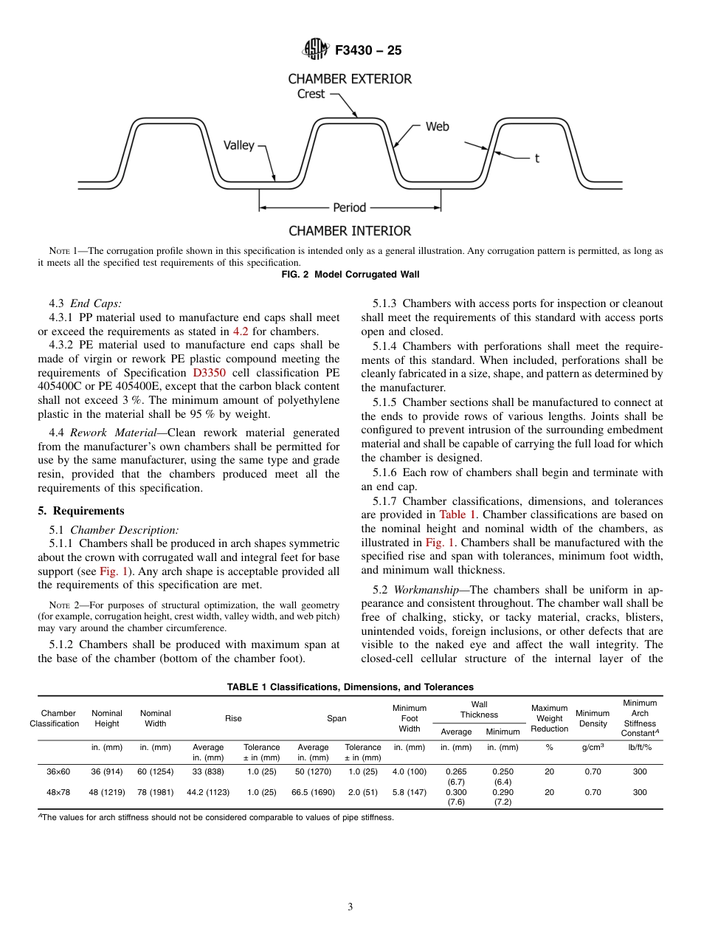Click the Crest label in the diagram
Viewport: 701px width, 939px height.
311,94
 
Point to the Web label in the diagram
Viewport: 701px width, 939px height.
437,127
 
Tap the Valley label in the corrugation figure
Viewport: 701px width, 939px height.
238,145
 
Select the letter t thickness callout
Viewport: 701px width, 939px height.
536,158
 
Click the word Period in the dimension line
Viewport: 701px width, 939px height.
349,208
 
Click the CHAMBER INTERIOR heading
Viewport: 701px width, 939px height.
349,231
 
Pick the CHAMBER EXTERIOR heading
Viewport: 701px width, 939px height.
349,78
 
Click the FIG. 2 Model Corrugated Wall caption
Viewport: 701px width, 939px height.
350,275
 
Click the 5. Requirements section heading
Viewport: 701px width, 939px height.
81,511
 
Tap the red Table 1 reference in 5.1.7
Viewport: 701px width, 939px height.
458,514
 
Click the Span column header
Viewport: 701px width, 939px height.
336,718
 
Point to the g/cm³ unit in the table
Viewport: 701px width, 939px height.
592,747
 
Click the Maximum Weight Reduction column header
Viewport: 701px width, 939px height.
549,718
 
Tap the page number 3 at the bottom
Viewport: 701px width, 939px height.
350,907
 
